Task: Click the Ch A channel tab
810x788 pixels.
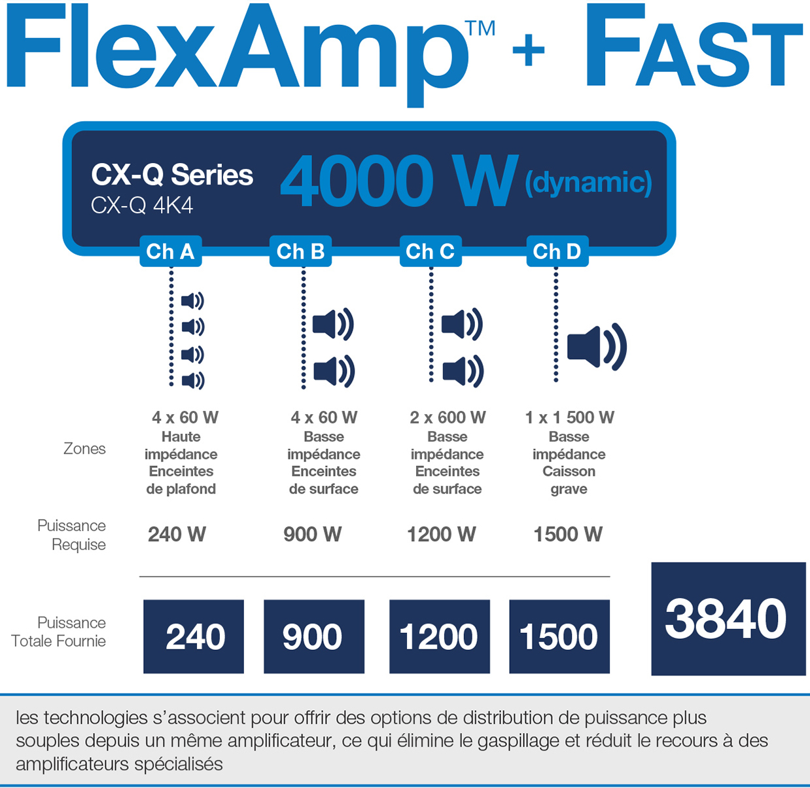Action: [171, 251]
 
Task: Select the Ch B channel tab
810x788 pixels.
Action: [300, 251]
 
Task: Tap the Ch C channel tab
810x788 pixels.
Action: [431, 251]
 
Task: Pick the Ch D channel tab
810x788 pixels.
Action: [557, 251]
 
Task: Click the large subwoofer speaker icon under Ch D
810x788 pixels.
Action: [597, 347]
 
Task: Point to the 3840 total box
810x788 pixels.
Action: [728, 619]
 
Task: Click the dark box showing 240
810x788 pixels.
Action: [194, 636]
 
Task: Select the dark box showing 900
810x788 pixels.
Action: [314, 636]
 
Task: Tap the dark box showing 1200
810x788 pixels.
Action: [440, 636]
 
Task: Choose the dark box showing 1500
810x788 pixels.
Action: [559, 636]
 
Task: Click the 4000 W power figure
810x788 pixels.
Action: [399, 181]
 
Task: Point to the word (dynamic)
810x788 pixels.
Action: [588, 183]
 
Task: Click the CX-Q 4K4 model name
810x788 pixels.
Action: [142, 206]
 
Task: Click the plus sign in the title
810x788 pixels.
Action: [529, 50]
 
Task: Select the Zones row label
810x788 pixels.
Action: [84, 449]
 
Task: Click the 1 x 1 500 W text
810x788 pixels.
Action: [569, 418]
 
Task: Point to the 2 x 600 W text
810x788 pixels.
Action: [448, 418]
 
